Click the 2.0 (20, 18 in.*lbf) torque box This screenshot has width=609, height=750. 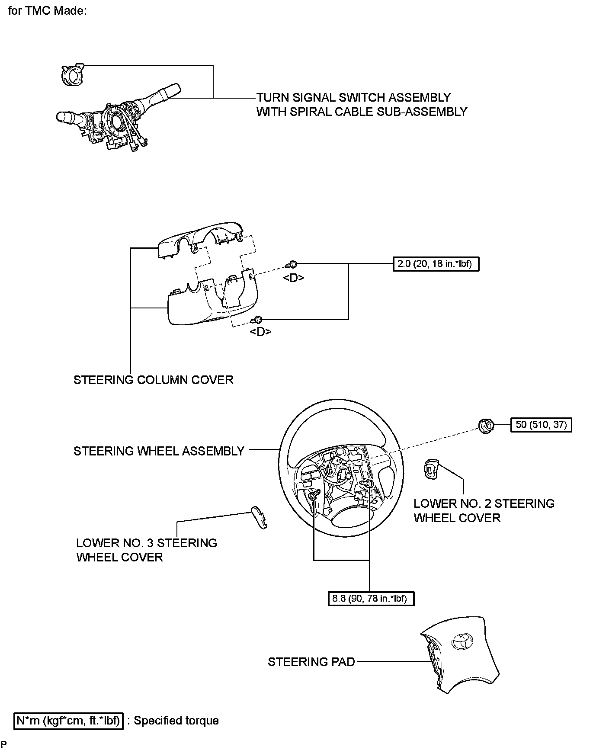click(436, 264)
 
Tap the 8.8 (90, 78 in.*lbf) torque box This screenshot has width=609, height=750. click(371, 599)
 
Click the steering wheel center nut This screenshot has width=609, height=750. click(487, 426)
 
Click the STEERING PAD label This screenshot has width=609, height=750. click(311, 662)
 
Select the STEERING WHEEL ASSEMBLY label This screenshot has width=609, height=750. click(159, 451)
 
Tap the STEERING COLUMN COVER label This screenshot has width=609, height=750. click(153, 380)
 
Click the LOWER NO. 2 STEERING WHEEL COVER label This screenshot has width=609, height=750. click(484, 511)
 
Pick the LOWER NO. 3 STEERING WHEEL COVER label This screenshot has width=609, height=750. click(146, 550)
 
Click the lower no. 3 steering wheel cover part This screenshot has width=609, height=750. click(260, 517)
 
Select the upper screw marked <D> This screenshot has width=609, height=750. click(293, 264)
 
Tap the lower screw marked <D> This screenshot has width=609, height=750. click(258, 320)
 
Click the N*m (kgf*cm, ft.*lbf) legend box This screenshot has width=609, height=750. click(69, 721)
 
